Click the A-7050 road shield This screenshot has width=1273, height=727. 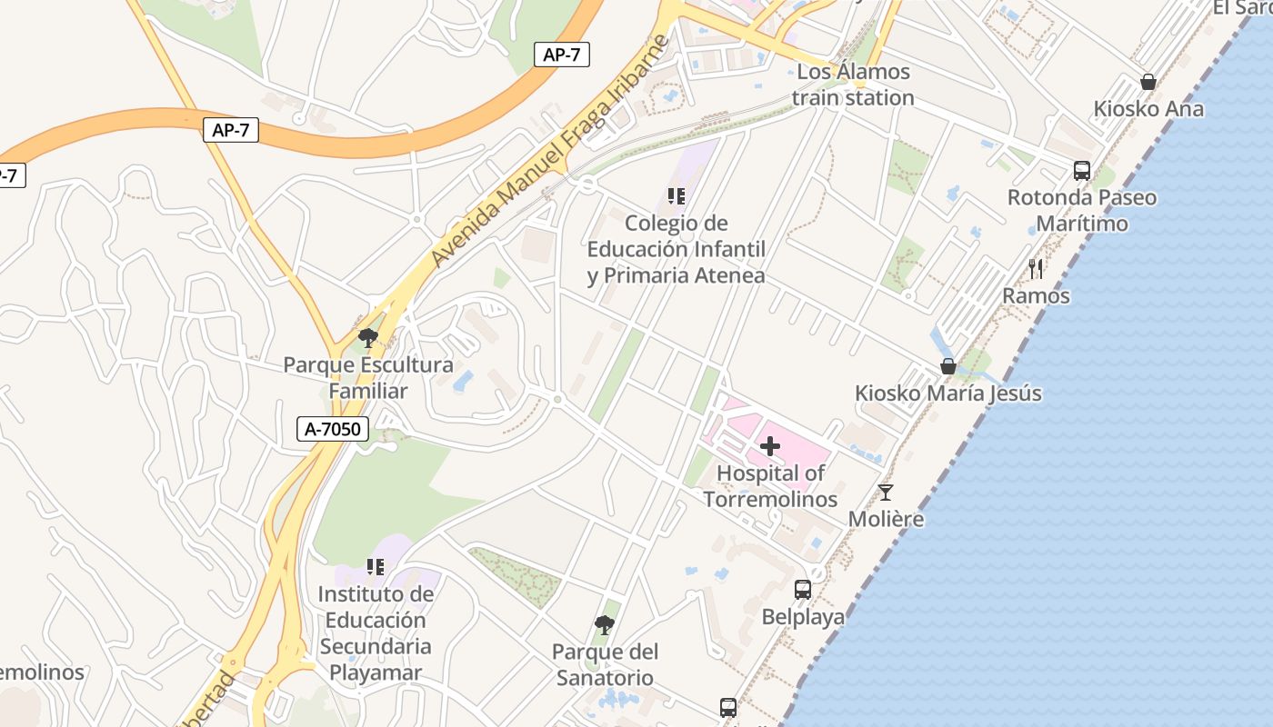pos(332,429)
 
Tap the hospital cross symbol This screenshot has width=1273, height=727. pos(770,446)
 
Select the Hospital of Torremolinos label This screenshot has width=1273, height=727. pos(770,486)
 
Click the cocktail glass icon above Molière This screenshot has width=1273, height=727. pos(886,493)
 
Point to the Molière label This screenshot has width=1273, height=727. pos(886,519)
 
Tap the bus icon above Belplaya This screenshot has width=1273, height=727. pos(803,590)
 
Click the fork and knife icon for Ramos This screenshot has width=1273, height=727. pos(1036,268)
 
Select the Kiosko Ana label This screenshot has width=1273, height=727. pos(1148,109)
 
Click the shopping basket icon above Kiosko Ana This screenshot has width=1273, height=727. pos(1148,82)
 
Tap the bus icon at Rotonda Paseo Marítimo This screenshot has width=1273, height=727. pos(1082,170)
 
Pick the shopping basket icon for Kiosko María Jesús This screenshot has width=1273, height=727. pos(948,366)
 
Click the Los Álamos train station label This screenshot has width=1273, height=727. pos(852,85)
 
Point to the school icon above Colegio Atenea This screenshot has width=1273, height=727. pos(676,195)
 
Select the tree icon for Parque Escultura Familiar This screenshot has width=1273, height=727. pos(368,338)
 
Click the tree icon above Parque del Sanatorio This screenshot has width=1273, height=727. pos(604,625)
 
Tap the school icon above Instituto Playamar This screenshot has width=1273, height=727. pos(376,567)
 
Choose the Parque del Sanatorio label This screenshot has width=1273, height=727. pos(604,665)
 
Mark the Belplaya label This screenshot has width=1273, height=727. pos(803,617)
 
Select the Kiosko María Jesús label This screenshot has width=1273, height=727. pos(947,393)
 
